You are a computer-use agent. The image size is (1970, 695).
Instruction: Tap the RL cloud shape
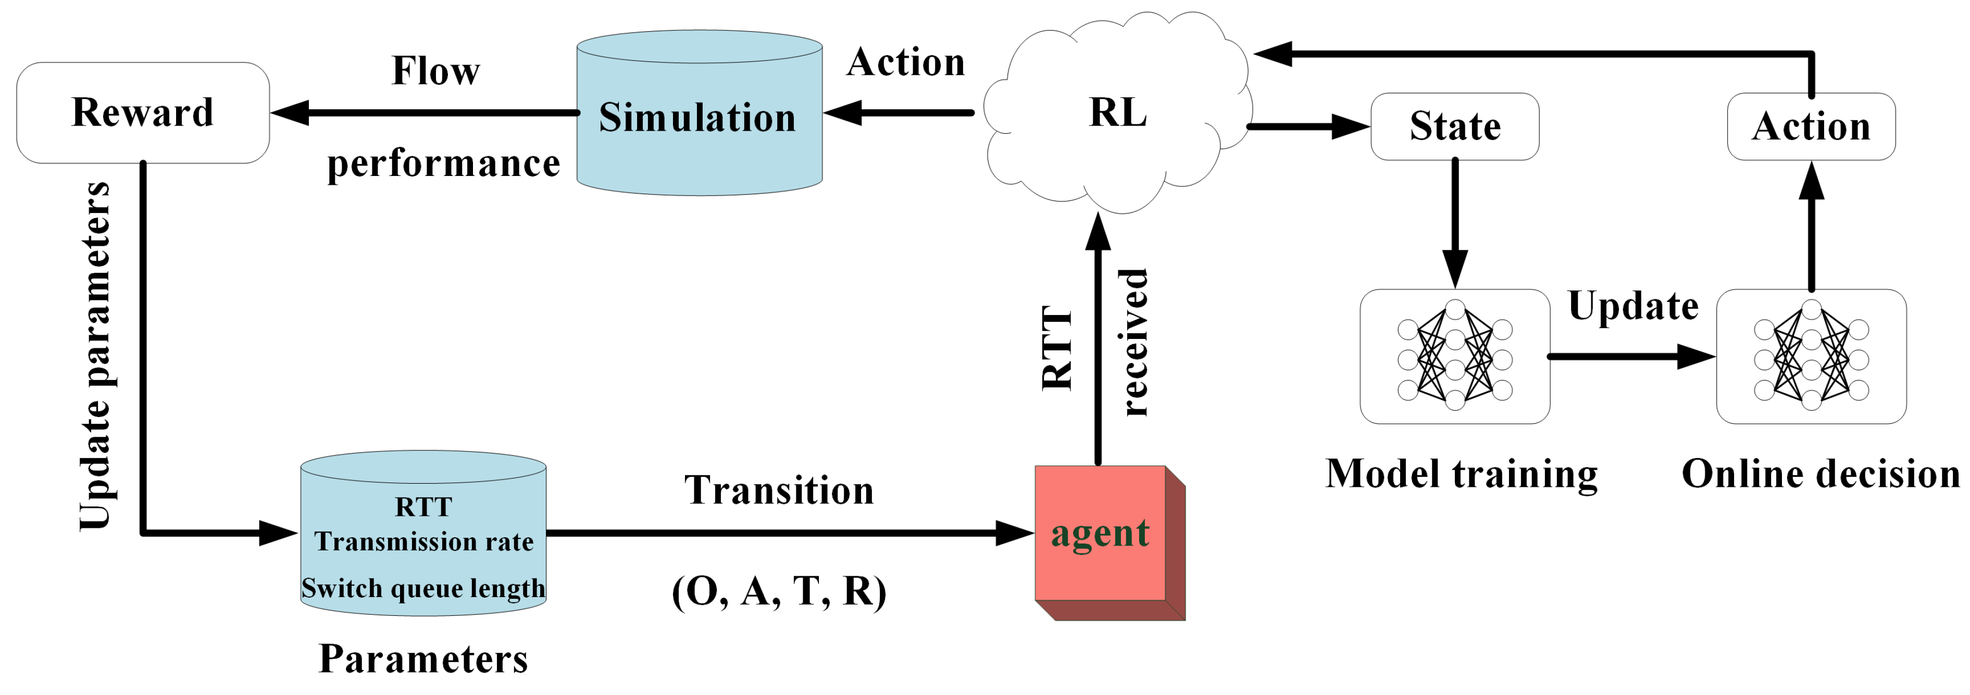(x=1117, y=113)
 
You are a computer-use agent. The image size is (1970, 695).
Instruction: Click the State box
(x=1454, y=126)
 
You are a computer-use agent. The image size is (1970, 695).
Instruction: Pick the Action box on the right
(x=1810, y=126)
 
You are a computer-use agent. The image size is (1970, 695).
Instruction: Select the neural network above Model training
(x=1454, y=356)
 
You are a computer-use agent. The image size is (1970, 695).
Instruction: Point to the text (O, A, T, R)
(x=779, y=591)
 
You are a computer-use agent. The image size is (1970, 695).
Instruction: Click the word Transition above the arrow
(x=779, y=490)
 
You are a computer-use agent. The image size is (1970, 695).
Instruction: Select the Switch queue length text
(x=423, y=588)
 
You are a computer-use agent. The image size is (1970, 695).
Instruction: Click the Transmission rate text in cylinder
(x=423, y=541)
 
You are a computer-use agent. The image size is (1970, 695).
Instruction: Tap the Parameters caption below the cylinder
(x=423, y=659)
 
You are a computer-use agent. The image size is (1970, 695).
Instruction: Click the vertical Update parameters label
(x=96, y=356)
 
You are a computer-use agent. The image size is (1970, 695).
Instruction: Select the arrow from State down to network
(x=1454, y=222)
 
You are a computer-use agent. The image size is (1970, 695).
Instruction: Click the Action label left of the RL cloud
(x=905, y=62)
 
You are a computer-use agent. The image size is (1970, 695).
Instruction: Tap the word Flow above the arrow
(x=435, y=71)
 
